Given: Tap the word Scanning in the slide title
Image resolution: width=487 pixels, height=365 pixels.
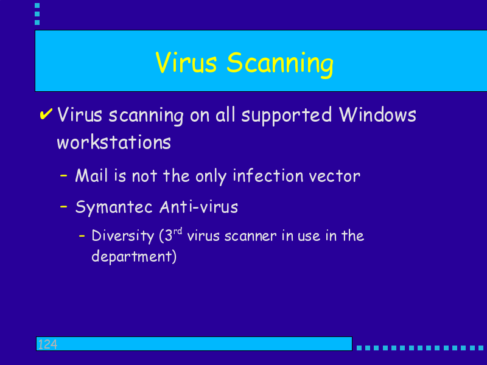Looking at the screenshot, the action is coord(280,64).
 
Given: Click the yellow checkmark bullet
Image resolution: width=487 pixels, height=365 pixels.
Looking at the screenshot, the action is coord(46,114).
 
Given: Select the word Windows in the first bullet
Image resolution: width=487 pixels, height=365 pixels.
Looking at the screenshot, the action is coord(377,114).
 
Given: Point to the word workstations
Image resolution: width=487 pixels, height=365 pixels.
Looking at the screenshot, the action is coord(114,142).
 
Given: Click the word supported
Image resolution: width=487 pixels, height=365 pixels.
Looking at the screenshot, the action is coord(286,116).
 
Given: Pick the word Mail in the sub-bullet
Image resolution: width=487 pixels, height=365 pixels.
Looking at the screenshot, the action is coord(91,175).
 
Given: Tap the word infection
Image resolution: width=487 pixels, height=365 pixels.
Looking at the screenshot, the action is coord(268,176).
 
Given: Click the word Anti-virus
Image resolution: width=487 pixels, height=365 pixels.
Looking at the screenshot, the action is coord(199,207).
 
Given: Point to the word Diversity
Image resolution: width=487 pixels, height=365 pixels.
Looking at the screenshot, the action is coord(123,236).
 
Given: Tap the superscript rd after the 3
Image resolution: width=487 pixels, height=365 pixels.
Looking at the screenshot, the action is coord(178,231).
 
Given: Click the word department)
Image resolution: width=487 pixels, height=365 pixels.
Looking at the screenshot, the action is coord(134,257).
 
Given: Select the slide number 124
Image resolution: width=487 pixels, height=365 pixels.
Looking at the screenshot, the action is coord(47,344).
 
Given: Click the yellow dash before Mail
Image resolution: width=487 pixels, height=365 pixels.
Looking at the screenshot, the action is coord(64,176).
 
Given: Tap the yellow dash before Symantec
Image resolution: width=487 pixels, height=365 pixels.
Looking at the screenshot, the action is coord(64,206).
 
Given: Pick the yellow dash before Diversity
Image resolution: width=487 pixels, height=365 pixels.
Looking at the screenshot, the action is coord(82,236).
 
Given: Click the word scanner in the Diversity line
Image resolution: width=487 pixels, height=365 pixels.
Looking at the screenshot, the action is coord(250,237).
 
